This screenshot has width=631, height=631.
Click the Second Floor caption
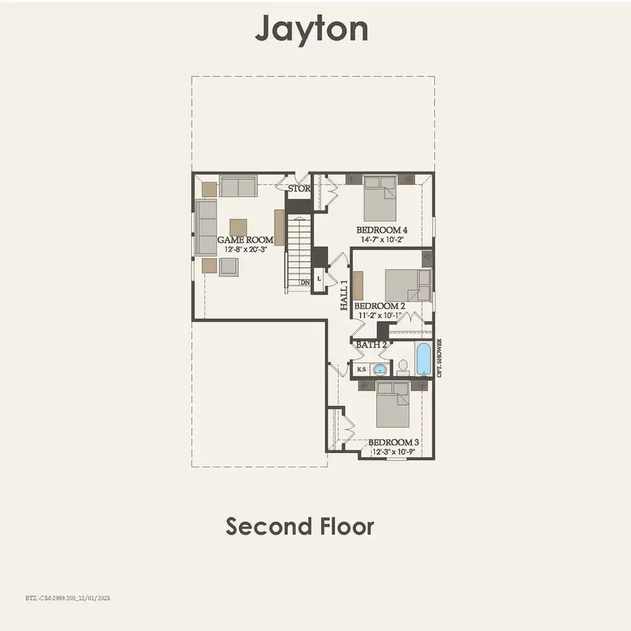click(x=299, y=526)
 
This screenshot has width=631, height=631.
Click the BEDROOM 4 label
click(x=381, y=230)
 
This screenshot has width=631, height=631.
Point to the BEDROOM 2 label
click(x=379, y=306)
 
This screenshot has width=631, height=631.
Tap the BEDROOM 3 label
click(x=393, y=442)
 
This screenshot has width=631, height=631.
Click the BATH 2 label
click(x=372, y=345)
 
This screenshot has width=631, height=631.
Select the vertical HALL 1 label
click(x=344, y=294)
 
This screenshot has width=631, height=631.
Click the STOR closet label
click(x=299, y=189)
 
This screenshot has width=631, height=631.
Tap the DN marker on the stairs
click(x=305, y=283)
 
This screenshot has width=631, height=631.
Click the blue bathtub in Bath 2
click(x=424, y=359)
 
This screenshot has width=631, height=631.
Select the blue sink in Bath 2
click(x=380, y=369)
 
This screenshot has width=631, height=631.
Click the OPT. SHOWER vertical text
click(x=440, y=358)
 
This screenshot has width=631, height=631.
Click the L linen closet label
click(x=320, y=278)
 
